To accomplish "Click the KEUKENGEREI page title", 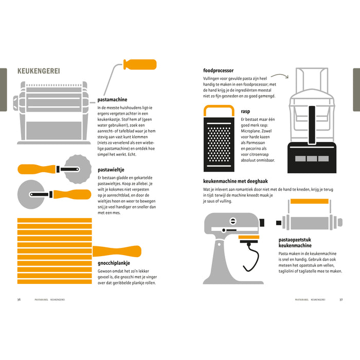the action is click(x=39, y=71).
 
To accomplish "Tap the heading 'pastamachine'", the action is click(x=112, y=100).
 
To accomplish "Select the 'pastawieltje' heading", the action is click(x=111, y=170).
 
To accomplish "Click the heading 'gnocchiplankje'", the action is click(x=114, y=263).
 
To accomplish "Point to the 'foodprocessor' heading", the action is click(x=218, y=70).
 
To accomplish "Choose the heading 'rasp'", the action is click(x=245, y=112).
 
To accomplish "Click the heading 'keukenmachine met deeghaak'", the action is click(x=236, y=181).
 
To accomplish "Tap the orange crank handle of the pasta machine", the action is click(x=140, y=64).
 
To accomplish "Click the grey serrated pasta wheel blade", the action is click(x=78, y=169).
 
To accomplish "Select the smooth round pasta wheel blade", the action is click(x=31, y=194).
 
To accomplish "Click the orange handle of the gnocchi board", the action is click(x=117, y=251).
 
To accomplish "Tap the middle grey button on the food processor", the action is click(x=312, y=158).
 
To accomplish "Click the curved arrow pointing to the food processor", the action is click(x=280, y=75).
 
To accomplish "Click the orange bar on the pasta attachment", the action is click(x=310, y=202).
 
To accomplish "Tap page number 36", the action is click(x=19, y=300).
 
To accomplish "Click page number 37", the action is click(x=341, y=300).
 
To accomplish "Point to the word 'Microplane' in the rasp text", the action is click(x=250, y=131).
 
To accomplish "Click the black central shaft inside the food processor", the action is click(x=312, y=125).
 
